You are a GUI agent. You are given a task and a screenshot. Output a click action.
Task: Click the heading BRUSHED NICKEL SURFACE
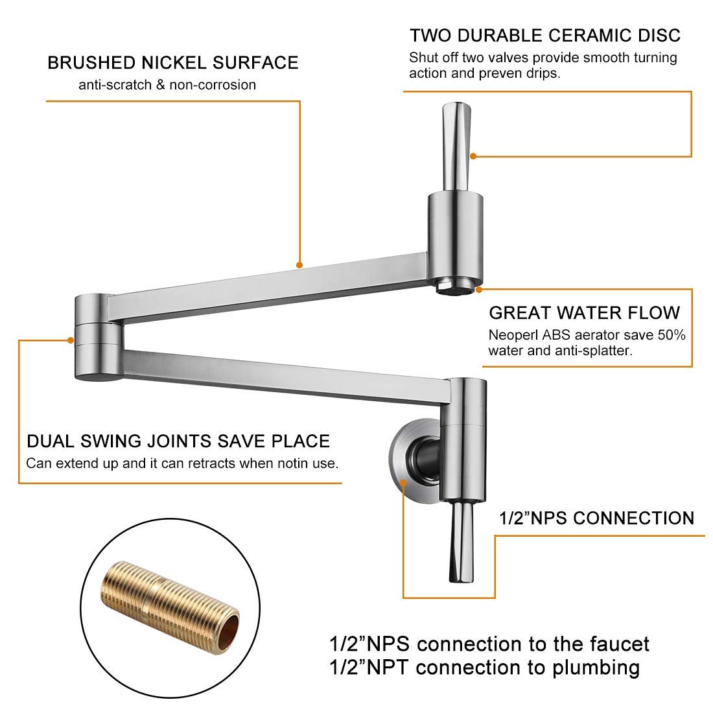[173, 63]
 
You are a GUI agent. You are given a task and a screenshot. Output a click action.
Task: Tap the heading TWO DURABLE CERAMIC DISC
[544, 36]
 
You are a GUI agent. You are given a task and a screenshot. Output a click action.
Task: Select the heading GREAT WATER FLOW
[584, 313]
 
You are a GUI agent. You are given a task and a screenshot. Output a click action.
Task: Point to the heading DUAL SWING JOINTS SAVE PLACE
[178, 441]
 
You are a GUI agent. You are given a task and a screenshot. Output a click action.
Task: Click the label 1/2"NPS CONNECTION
[596, 519]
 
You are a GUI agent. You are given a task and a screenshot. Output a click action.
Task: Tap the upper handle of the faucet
[456, 146]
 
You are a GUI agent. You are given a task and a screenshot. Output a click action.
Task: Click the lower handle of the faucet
[460, 542]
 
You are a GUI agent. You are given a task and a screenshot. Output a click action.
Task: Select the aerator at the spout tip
[455, 287]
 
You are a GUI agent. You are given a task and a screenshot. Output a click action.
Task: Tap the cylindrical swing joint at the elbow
[98, 337]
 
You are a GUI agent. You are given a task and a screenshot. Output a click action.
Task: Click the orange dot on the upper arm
[299, 265]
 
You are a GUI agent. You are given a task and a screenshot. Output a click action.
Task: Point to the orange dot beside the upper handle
[473, 156]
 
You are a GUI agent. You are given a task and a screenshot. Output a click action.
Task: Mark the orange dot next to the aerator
[478, 289]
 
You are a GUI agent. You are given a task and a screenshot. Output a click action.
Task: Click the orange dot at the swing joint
[71, 340]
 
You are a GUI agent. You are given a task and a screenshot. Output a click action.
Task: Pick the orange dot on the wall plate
[403, 483]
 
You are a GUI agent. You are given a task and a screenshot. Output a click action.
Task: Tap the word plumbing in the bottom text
[596, 668]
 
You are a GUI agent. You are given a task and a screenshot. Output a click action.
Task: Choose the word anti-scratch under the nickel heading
[115, 85]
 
